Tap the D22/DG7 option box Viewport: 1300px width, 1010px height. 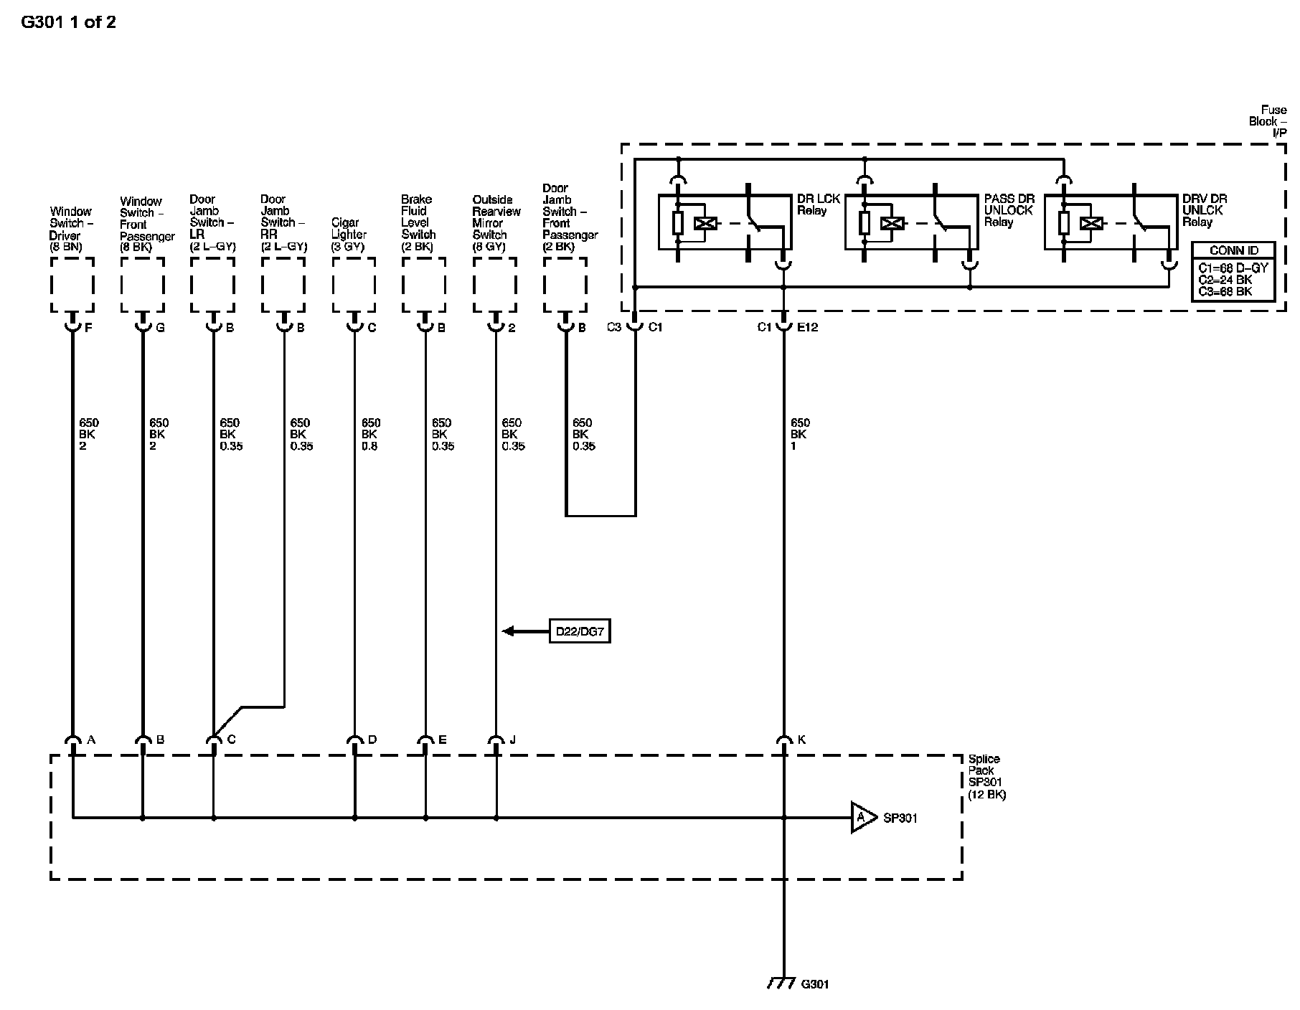click(580, 631)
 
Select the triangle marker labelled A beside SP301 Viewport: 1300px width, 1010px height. click(864, 817)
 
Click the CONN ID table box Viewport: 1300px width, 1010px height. click(1233, 271)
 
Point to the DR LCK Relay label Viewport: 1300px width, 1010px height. click(818, 204)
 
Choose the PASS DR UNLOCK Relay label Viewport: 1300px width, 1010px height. click(1009, 210)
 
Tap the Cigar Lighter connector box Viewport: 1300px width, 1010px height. click(354, 285)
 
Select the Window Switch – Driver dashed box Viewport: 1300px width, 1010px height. click(72, 285)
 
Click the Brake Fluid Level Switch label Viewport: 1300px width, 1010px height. click(418, 217)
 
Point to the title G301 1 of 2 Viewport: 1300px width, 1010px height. click(68, 22)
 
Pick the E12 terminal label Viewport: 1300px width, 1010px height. click(807, 327)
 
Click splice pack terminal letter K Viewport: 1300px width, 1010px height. click(801, 740)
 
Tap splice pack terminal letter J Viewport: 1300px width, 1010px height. click(512, 740)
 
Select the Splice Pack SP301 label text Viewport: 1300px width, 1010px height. click(986, 777)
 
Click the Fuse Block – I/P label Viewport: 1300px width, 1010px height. click(1267, 121)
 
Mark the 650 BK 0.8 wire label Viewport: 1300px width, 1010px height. click(370, 434)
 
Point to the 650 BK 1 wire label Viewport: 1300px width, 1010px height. click(799, 434)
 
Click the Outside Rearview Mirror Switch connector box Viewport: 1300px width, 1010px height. click(494, 285)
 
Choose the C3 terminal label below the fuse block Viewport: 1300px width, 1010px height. click(614, 327)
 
